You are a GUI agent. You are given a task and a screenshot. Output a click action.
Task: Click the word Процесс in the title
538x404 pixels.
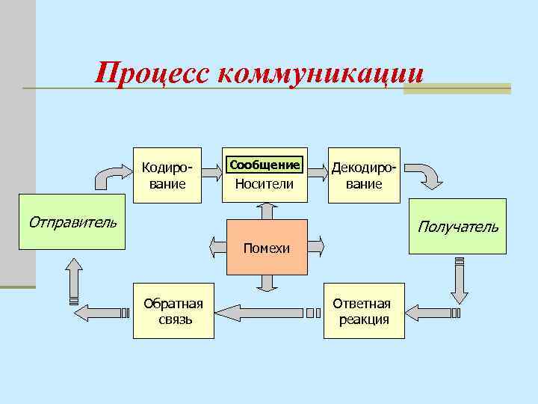coord(153,73)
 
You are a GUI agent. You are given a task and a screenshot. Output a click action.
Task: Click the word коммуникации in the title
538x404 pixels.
coord(321,73)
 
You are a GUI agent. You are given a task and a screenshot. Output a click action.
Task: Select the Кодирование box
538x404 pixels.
coord(168,174)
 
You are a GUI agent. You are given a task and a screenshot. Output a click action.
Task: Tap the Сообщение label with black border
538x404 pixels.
coord(265,164)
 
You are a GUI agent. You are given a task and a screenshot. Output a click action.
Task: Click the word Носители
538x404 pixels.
coord(265,184)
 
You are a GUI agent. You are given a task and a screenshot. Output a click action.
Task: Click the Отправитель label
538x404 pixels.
coord(71,222)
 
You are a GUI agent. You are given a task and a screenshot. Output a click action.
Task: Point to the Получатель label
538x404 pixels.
coord(457,226)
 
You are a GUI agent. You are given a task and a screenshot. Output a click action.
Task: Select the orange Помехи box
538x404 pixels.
coord(267,248)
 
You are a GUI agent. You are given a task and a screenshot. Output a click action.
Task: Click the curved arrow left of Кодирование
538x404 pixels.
coord(111,177)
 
